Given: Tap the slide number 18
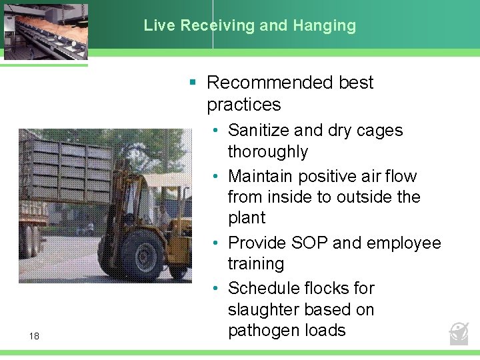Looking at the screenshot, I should [x=34, y=336].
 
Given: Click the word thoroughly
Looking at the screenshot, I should [x=268, y=151].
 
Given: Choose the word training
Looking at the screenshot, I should [x=256, y=263].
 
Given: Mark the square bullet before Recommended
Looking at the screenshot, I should [x=192, y=83].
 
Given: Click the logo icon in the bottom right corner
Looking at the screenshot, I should [x=459, y=333].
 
